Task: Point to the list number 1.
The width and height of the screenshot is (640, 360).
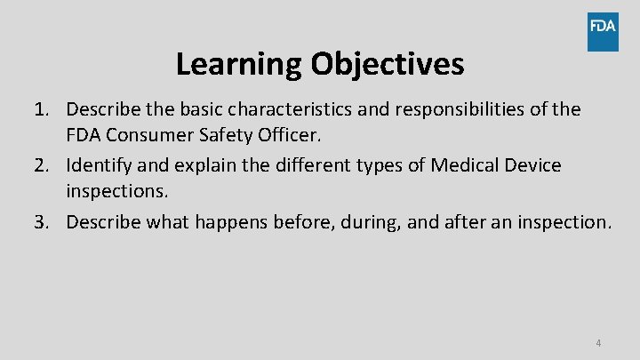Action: tap(41, 109)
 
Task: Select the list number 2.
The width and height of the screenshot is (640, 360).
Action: tap(41, 165)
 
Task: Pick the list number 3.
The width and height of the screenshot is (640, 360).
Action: tap(41, 221)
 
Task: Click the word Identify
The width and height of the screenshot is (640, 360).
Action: tap(99, 165)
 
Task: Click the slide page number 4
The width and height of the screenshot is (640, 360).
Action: tap(598, 342)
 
